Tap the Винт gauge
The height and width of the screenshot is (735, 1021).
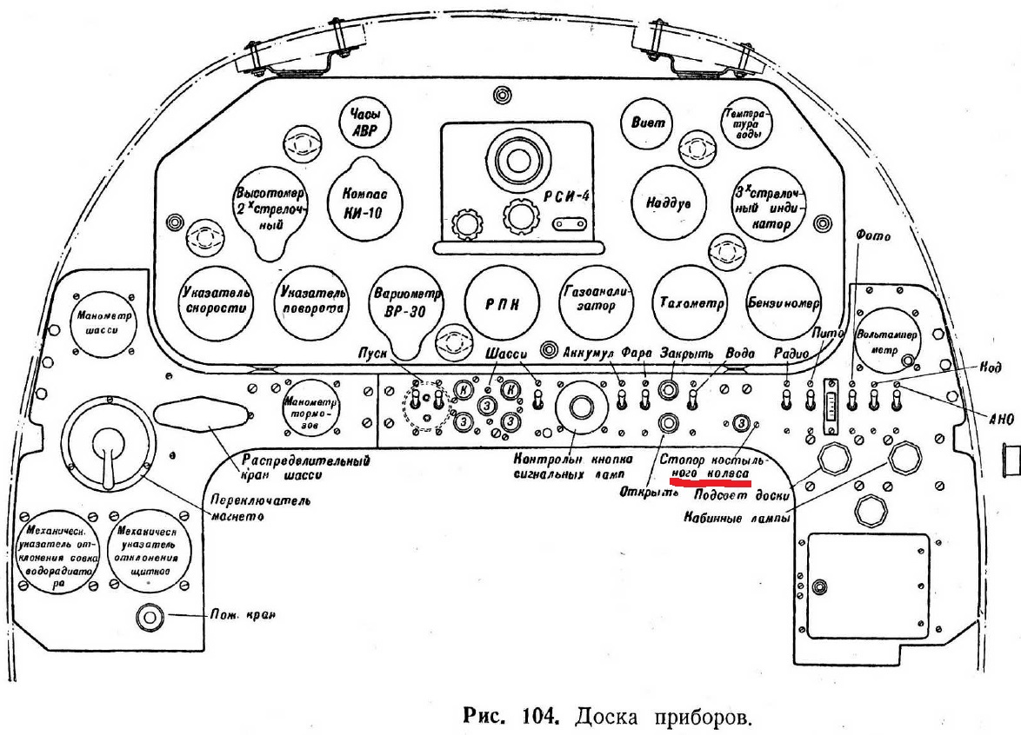[648, 123]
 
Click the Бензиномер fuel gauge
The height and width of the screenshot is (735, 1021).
[784, 302]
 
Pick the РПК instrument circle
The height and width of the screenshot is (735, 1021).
[502, 302]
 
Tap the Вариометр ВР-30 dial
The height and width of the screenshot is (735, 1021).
[406, 301]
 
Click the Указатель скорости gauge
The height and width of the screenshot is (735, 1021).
[217, 301]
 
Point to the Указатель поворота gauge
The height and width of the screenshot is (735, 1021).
[311, 301]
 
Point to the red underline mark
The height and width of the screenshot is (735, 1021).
[709, 480]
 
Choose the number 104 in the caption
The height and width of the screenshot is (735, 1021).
[544, 717]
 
